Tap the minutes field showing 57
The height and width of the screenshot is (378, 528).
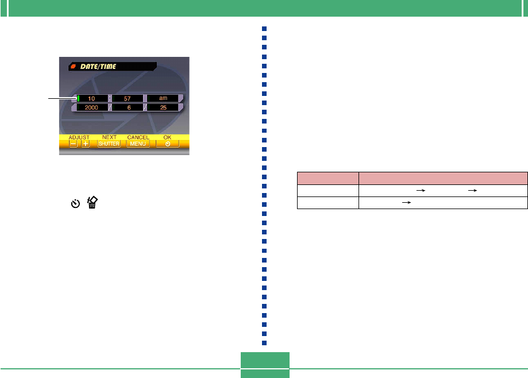pos(127,98)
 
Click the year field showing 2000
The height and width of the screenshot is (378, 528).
pos(91,107)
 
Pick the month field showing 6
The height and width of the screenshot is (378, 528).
pos(127,107)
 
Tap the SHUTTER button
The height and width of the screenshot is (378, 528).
pos(109,144)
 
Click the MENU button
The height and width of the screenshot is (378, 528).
pos(138,144)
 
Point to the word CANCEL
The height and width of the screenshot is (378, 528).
pos(138,137)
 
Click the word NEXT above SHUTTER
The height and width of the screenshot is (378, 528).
pos(109,137)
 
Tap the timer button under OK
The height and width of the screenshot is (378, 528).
pos(167,144)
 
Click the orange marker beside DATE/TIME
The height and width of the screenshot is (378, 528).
pos(73,67)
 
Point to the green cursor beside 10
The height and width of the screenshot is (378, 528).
pos(78,98)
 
